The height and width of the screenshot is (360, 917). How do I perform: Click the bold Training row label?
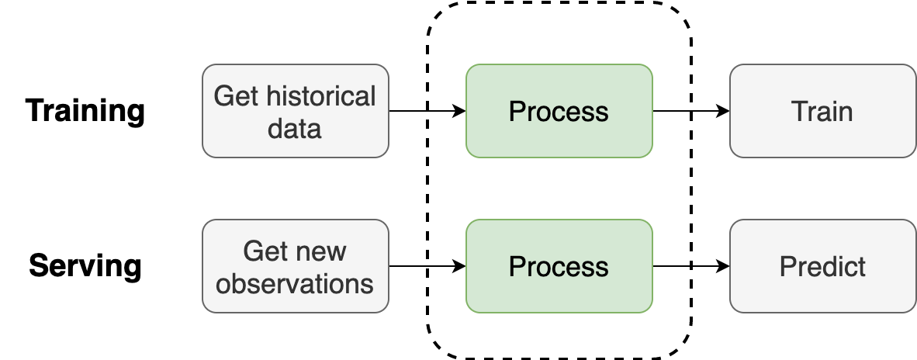point(85,111)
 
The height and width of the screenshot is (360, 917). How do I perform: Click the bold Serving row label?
point(85,266)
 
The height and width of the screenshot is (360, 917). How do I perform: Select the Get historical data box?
point(296,111)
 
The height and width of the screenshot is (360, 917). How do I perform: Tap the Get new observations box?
point(296,266)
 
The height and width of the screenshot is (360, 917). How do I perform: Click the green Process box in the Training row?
point(559,111)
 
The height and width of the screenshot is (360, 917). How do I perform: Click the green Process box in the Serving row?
point(559,266)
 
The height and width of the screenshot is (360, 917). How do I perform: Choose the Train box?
point(823,111)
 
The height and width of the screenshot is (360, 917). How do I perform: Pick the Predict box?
point(823,266)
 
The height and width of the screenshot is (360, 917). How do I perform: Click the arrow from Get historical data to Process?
point(427,110)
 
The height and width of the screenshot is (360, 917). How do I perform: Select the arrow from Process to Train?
point(691,110)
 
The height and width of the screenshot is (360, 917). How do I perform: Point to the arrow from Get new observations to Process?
point(427,266)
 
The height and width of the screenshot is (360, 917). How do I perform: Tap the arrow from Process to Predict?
point(691,266)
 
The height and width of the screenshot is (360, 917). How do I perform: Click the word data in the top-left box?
point(295,126)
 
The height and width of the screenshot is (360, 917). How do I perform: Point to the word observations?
point(295,283)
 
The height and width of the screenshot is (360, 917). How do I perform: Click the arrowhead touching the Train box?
point(723,110)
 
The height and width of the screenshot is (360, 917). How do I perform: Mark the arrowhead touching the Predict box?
point(723,266)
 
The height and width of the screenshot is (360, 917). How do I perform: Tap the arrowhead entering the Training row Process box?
point(459,110)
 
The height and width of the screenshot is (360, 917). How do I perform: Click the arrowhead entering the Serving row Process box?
point(459,266)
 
